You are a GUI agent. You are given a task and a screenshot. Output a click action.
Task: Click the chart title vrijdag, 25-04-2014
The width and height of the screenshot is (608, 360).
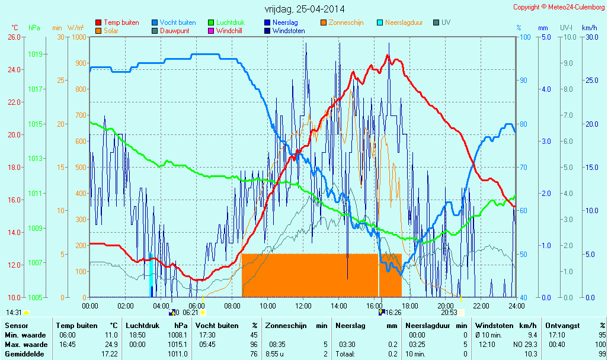304,9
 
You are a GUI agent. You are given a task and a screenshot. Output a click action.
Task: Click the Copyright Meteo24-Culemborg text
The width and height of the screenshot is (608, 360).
559,7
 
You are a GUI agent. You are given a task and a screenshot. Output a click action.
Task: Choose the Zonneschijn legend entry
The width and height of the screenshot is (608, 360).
345,22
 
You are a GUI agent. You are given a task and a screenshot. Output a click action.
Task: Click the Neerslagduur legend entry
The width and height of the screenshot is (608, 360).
404,22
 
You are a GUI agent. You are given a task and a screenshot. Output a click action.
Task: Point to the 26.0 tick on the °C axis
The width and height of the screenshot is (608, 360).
13,37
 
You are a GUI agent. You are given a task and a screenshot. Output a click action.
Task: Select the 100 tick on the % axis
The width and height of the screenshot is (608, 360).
524,37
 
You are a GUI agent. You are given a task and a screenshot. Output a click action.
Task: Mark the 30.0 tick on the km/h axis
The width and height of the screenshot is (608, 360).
589,37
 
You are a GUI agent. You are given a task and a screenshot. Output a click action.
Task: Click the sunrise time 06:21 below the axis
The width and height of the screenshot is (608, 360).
190,312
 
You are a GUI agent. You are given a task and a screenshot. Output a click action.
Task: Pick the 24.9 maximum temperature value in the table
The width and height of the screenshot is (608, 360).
111,345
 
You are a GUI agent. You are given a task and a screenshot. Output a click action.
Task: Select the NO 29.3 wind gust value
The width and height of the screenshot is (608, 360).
524,345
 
